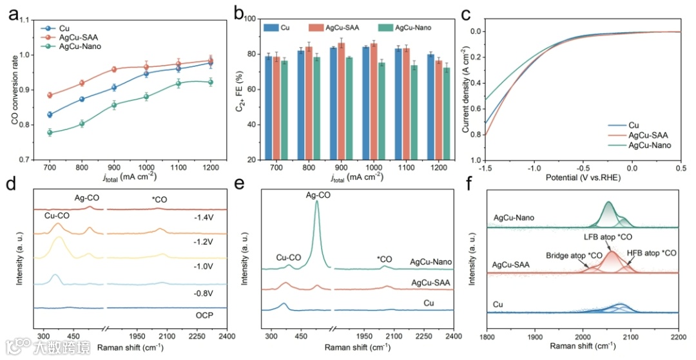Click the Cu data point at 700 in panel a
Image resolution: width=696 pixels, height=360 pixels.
pyautogui.click(x=50, y=115)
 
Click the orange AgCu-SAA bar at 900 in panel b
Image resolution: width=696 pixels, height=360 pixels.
pyautogui.click(x=359, y=100)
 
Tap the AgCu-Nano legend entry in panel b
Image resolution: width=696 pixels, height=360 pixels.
pyautogui.click(x=405, y=28)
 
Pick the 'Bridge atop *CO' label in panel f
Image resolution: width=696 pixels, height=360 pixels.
pyautogui.click(x=573, y=256)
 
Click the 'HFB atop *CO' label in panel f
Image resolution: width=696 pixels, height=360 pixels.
pyautogui.click(x=652, y=253)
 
